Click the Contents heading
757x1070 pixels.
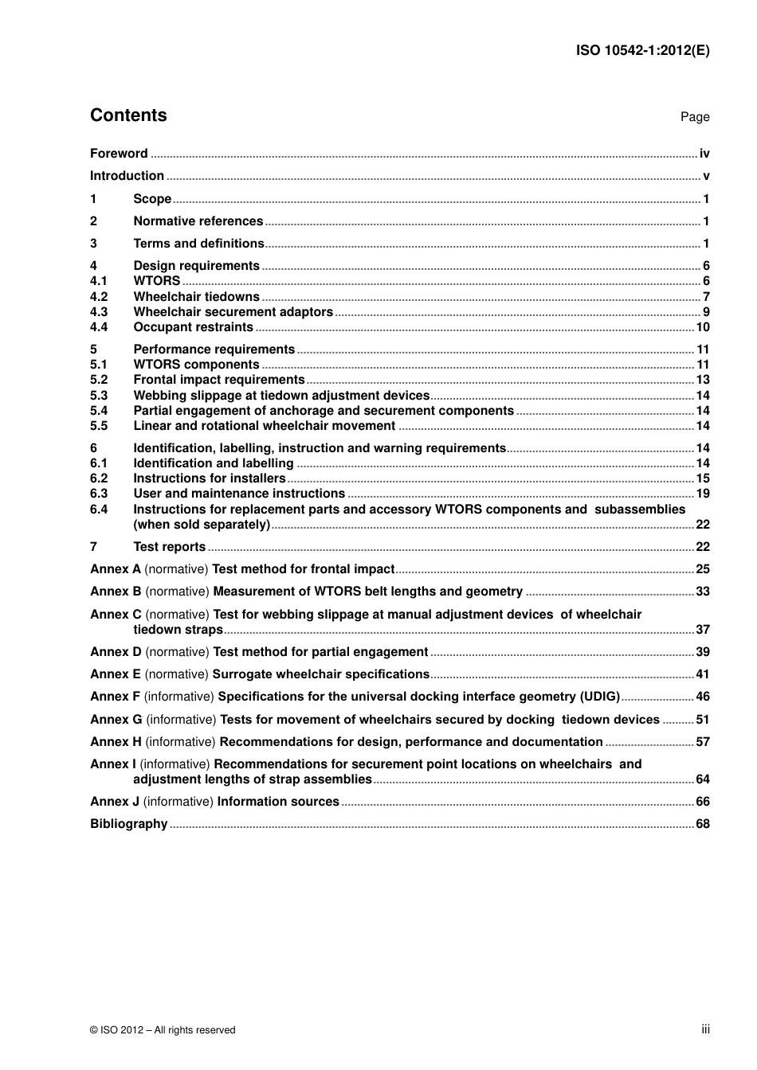128,115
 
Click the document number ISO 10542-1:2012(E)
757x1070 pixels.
642,50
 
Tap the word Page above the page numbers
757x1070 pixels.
694,117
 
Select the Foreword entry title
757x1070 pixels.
119,154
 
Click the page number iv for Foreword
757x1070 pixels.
704,154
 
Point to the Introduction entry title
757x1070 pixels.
127,176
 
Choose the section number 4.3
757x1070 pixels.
99,312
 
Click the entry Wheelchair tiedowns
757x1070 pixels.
196,297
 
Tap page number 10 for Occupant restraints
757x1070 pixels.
702,327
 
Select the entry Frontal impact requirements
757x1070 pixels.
219,380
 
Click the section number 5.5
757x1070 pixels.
99,426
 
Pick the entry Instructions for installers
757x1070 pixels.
209,478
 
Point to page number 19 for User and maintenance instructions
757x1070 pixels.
702,494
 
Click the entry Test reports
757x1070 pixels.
169,547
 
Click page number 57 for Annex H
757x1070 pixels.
702,742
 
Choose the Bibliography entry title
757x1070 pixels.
128,824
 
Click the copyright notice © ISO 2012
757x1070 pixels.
163,1030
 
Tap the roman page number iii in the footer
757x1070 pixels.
705,1029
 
